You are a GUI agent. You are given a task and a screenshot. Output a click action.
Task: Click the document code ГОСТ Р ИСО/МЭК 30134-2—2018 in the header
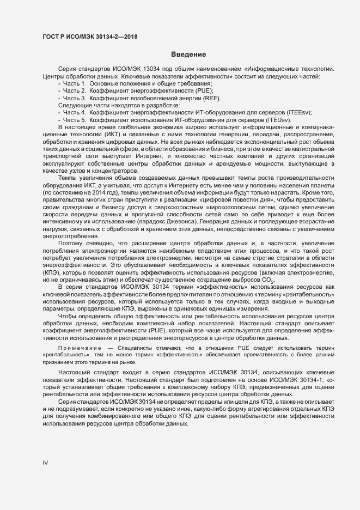tap(90, 37)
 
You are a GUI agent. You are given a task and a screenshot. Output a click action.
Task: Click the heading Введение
tap(188, 54)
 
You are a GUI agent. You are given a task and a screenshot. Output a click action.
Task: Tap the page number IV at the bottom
tap(46, 463)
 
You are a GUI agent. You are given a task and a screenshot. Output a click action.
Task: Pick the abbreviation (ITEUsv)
tap(277, 119)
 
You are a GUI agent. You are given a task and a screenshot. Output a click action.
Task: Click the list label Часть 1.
tap(74, 83)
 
